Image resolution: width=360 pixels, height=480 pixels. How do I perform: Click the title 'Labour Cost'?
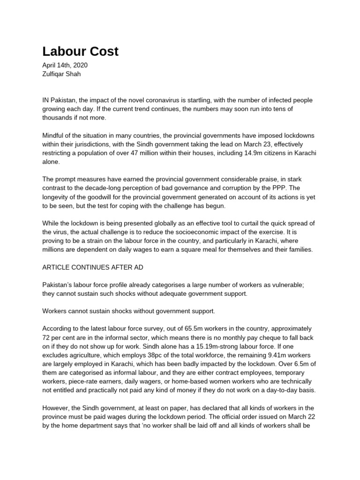(80, 52)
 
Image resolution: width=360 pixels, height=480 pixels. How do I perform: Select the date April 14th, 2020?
(65, 66)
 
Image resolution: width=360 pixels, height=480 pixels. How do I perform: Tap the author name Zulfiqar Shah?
(62, 74)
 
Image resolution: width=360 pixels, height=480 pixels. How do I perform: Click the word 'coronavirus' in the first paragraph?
(173, 100)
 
